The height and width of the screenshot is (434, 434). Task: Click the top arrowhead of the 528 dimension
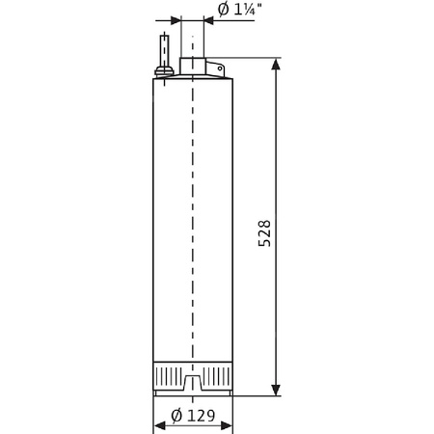pos(278,66)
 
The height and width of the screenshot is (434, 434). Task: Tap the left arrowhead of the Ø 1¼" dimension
pos(175,19)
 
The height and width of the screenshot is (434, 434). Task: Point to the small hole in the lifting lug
pos(217,69)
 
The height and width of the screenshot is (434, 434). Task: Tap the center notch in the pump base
pos(193,386)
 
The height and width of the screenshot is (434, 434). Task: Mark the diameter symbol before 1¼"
pos(223,11)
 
